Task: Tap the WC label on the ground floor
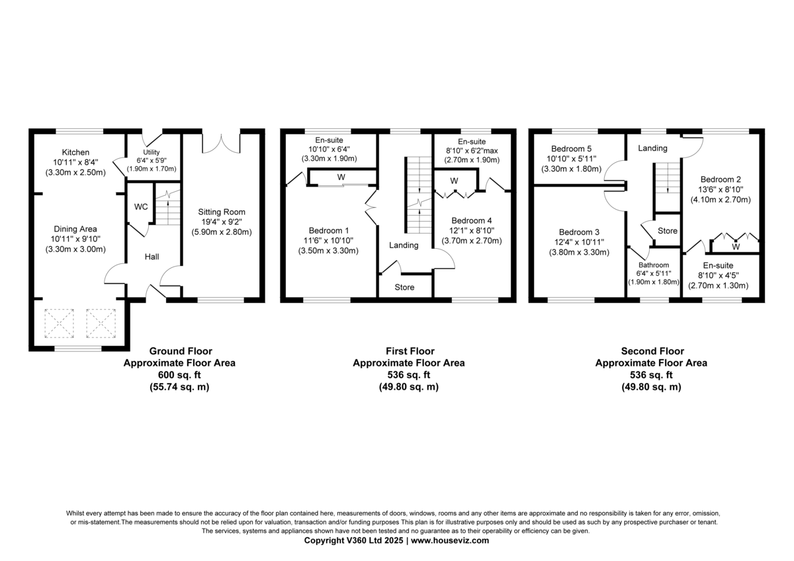pos(141,207)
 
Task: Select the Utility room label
pos(153,152)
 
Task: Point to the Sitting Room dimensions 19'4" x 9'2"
pos(222,222)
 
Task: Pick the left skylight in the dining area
pos(58,323)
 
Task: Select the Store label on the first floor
pos(404,288)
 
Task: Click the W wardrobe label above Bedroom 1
pos(341,177)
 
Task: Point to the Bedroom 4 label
pos(471,220)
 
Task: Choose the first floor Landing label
pos(404,245)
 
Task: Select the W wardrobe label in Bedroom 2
pos(735,247)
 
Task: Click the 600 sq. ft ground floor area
pos(179,375)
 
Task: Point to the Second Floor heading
pos(652,351)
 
